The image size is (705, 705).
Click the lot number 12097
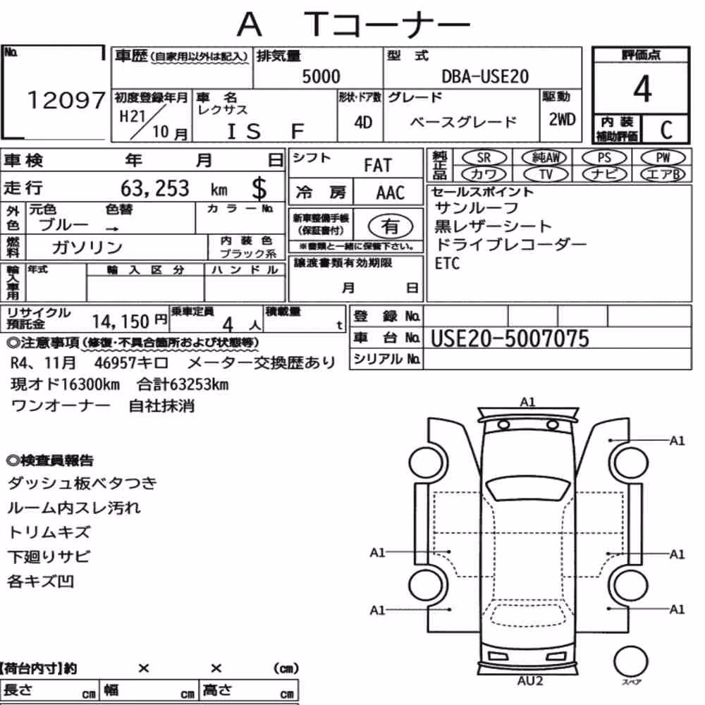pos(66,100)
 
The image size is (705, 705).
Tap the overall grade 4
pos(642,89)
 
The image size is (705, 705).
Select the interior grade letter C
pos(666,130)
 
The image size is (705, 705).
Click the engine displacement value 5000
pos(321,76)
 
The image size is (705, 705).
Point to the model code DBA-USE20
pos(485,77)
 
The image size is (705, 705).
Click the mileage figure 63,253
pos(154,188)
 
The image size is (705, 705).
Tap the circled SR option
pos(484,158)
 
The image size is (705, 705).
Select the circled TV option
pos(546,174)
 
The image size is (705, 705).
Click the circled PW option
pos(663,158)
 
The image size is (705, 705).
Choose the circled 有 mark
pos(391,226)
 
